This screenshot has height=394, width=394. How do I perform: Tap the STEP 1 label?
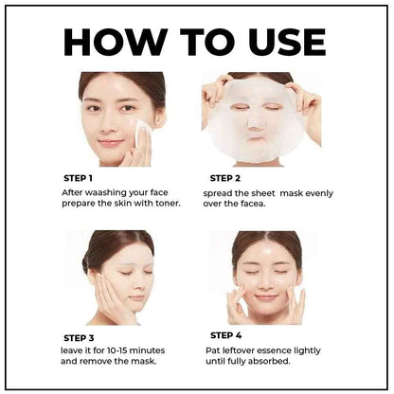coord(77,178)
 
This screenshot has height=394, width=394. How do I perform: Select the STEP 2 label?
coord(225,177)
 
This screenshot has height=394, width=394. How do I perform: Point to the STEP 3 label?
coord(78,337)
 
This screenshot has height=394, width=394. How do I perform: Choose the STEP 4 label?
coord(225,335)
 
